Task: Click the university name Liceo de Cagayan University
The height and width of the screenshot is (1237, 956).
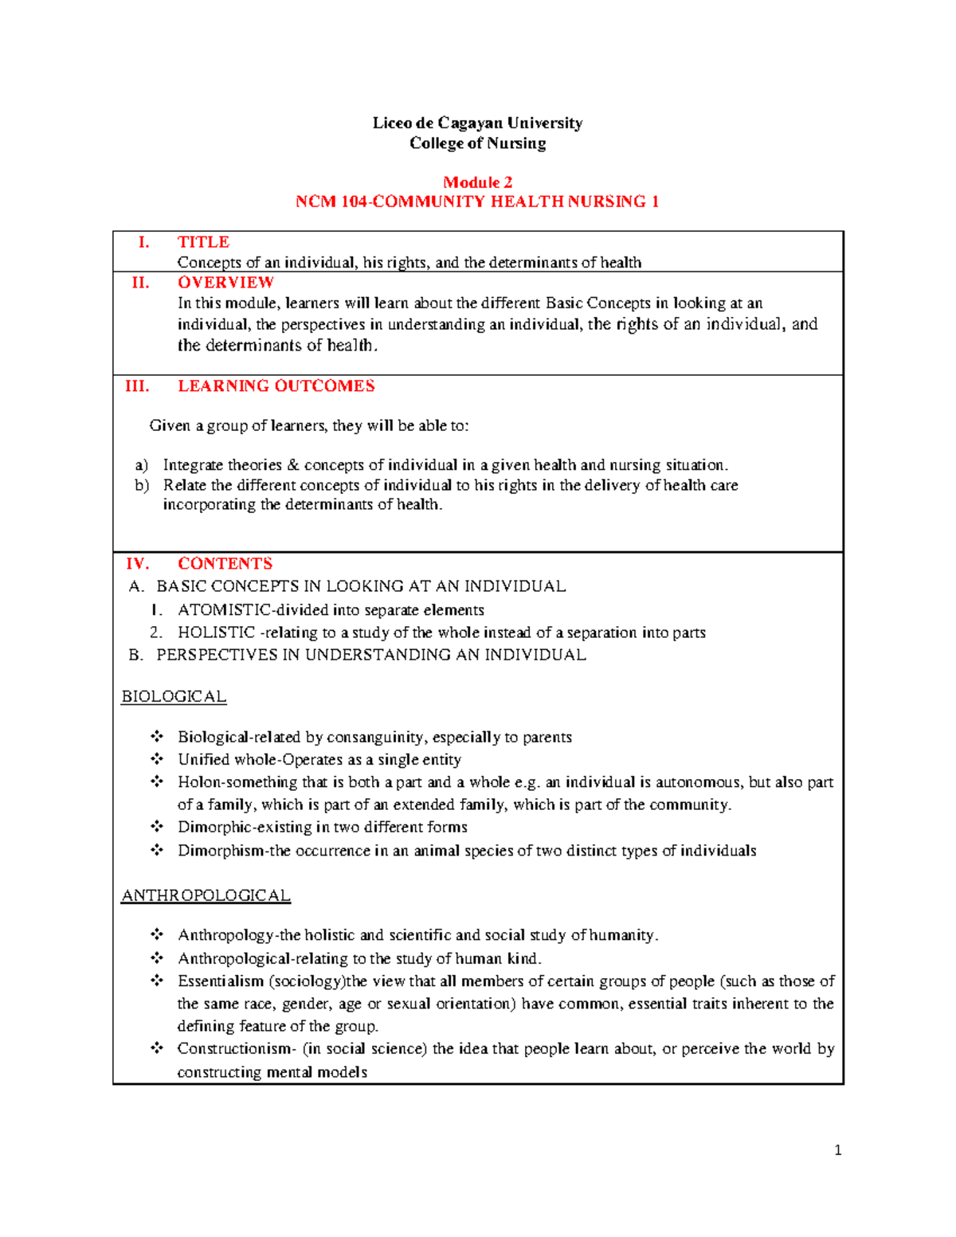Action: tap(477, 123)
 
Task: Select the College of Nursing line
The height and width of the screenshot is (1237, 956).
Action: tap(477, 143)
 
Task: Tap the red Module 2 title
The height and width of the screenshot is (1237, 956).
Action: tap(477, 182)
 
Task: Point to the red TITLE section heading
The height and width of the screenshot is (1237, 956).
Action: tap(203, 242)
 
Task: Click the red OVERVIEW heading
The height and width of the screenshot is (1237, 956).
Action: tap(225, 283)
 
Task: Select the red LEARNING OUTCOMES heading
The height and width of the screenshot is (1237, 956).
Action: tap(276, 386)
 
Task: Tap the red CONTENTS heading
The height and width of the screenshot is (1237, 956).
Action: tap(225, 564)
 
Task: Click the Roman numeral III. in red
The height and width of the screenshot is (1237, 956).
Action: tap(137, 386)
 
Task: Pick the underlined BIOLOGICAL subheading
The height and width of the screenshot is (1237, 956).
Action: tap(174, 697)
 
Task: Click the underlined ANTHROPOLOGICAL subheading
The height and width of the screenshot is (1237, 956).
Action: tap(206, 896)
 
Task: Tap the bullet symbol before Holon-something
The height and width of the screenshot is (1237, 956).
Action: tap(157, 781)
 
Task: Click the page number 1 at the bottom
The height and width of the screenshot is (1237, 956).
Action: tap(837, 1150)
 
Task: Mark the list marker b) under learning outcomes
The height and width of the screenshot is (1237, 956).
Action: tap(142, 485)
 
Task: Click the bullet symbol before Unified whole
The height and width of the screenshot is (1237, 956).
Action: tap(157, 759)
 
